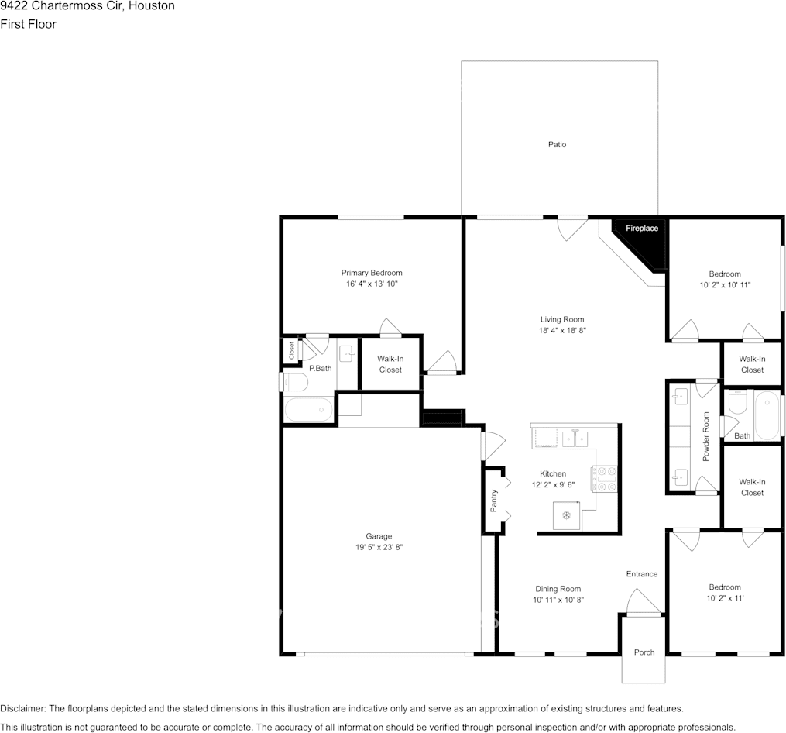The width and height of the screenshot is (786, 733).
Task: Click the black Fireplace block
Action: pyautogui.click(x=644, y=241)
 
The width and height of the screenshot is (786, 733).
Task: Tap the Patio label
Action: pyautogui.click(x=557, y=144)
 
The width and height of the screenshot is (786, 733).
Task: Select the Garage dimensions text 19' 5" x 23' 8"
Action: pyautogui.click(x=379, y=547)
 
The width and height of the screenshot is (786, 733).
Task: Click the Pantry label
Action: pyautogui.click(x=494, y=501)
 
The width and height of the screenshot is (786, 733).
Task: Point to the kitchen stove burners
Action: pyautogui.click(x=606, y=479)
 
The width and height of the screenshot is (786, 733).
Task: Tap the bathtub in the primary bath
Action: pyautogui.click(x=308, y=410)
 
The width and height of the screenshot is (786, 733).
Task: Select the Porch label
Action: pyautogui.click(x=644, y=652)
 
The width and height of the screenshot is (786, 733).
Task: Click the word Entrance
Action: pyautogui.click(x=642, y=574)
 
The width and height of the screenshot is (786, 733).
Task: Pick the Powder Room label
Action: pyautogui.click(x=706, y=436)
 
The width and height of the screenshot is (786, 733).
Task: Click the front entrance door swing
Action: pyautogui.click(x=644, y=601)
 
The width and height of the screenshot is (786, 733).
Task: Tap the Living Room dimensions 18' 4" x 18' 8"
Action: pyautogui.click(x=562, y=331)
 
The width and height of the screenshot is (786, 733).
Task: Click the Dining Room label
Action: pyautogui.click(x=558, y=589)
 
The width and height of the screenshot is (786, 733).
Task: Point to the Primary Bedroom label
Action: pyautogui.click(x=372, y=273)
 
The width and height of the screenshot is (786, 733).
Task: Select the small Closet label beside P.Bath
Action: pyautogui.click(x=292, y=351)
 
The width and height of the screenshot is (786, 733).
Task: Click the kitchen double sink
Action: pyautogui.click(x=575, y=439)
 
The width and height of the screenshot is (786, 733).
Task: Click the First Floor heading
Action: pyautogui.click(x=28, y=24)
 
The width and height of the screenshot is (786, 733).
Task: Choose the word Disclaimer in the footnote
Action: pyautogui.click(x=23, y=708)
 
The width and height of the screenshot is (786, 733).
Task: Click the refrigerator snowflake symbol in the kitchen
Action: pyautogui.click(x=566, y=515)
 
